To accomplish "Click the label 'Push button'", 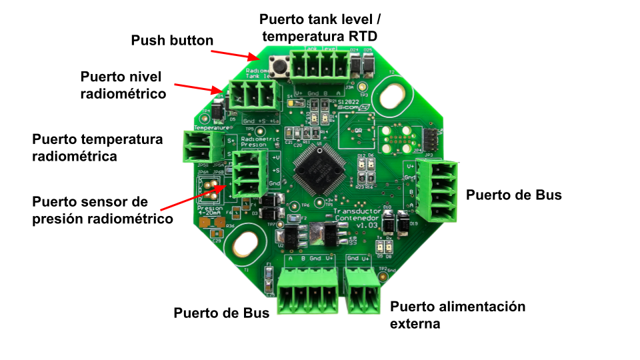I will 172,41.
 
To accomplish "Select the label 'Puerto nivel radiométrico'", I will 123,85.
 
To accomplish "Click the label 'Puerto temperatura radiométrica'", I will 97,148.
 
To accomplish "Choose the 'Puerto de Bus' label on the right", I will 513,195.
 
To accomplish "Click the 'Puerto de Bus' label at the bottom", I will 221,313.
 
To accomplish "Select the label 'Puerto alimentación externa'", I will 457,315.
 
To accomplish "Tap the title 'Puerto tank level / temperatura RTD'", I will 323,27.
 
